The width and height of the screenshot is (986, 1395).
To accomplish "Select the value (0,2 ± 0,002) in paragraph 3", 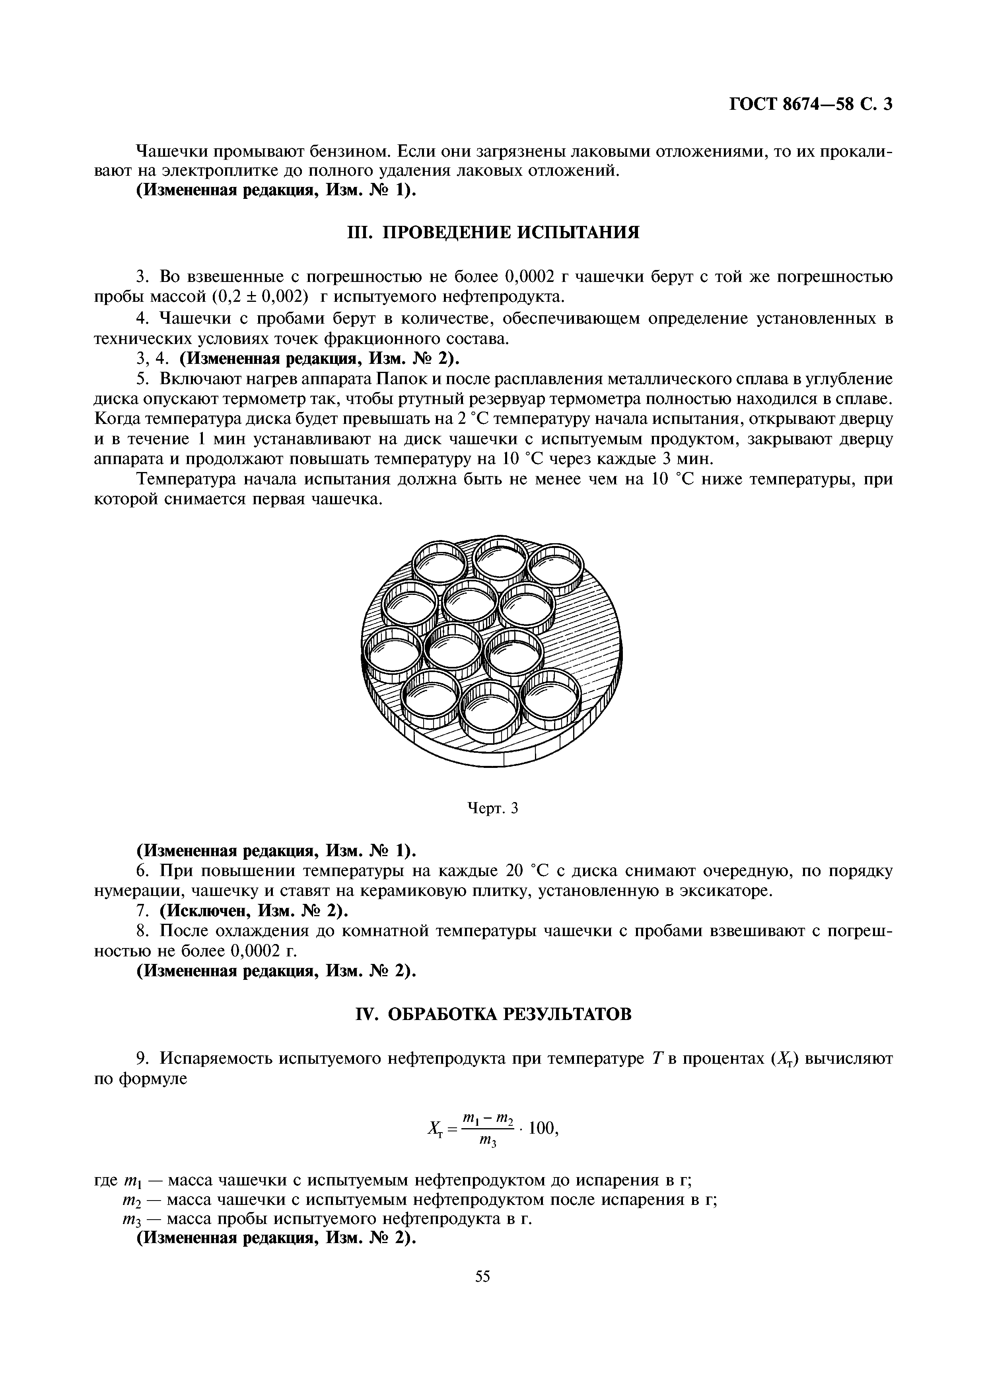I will (262, 297).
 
